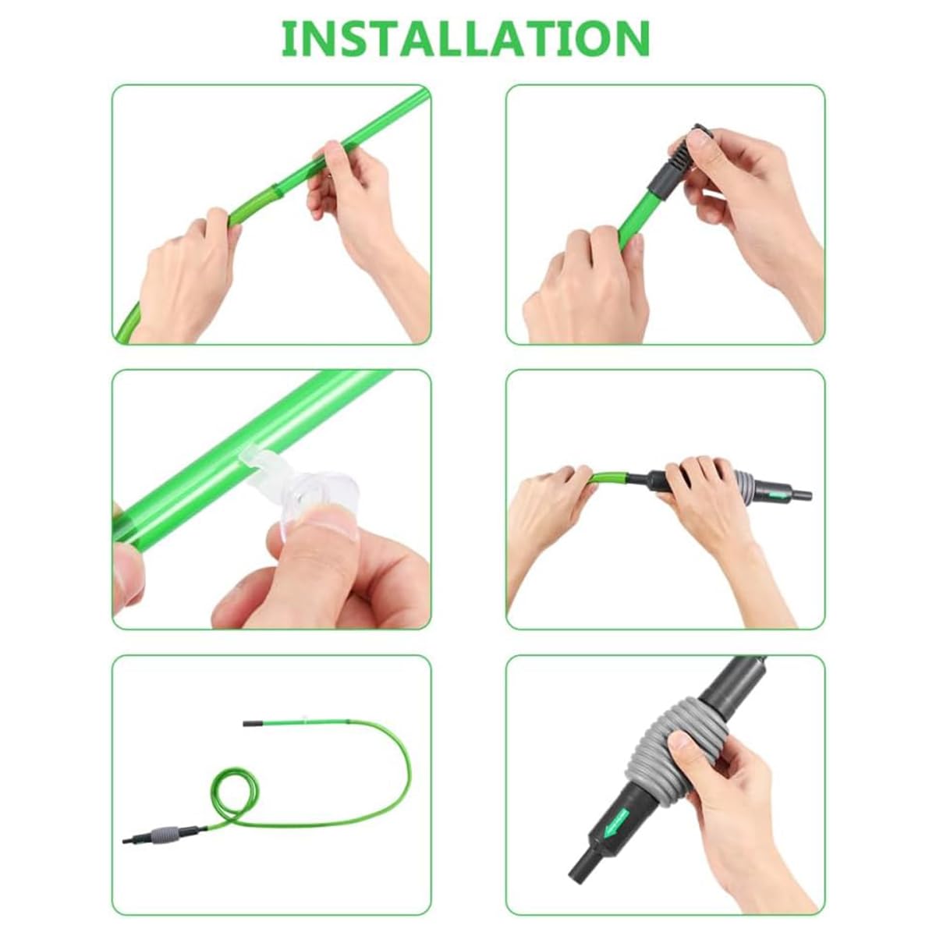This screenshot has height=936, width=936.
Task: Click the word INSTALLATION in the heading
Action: coord(466,38)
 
